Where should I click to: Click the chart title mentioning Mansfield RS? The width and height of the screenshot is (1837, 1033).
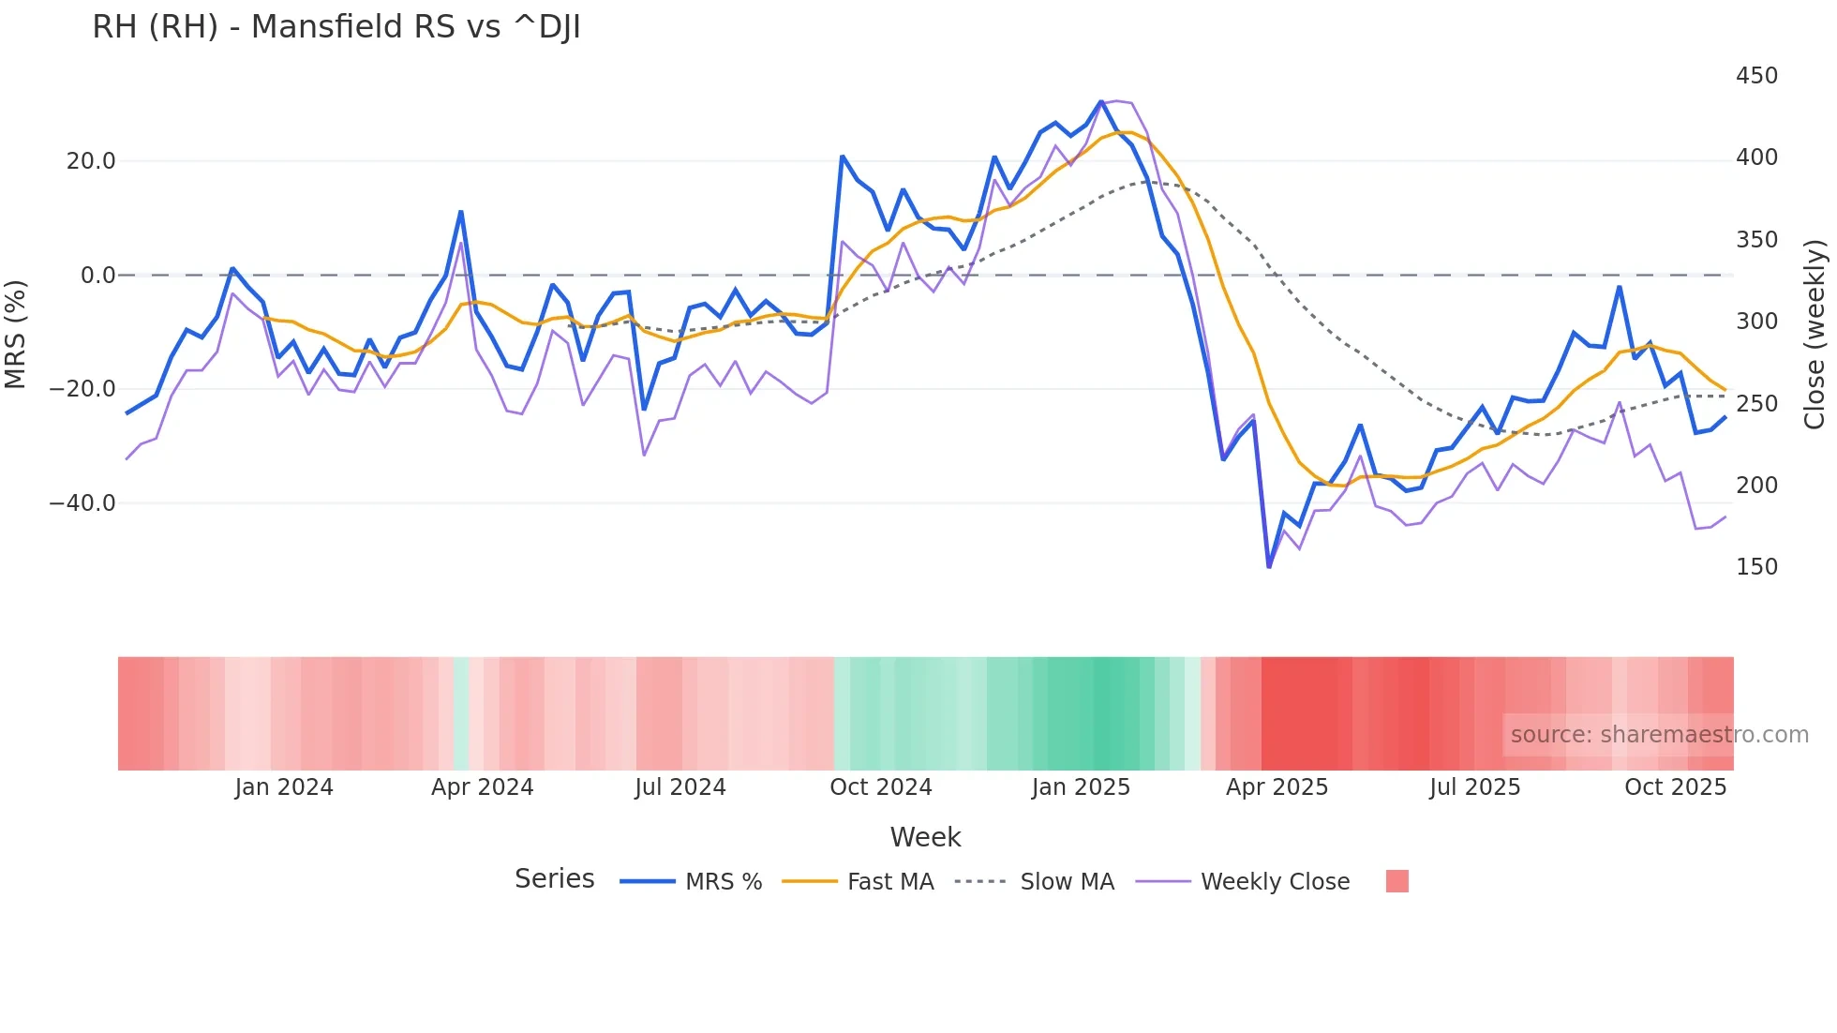coord(336,27)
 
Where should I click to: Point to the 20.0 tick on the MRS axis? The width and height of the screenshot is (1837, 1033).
coord(91,161)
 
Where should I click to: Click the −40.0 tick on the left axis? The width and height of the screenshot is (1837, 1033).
coord(83,503)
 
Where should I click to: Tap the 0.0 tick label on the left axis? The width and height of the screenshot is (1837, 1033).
coord(97,276)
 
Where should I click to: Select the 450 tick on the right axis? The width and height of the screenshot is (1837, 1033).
coord(1756,76)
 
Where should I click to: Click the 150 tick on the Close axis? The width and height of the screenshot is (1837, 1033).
coord(1756,567)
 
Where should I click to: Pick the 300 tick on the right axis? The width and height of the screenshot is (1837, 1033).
coord(1756,322)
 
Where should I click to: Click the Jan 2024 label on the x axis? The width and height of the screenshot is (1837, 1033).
coord(284,787)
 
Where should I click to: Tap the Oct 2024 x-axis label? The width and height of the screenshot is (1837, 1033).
coord(881,787)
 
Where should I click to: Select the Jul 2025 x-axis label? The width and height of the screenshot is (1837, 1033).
coord(1474,787)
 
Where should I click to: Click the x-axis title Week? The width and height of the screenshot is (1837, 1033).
coord(925,837)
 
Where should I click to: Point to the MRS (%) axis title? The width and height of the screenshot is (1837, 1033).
coord(16,335)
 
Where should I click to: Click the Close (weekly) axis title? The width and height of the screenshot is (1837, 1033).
coord(1815,335)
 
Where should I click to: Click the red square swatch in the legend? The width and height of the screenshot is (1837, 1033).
coord(1396,881)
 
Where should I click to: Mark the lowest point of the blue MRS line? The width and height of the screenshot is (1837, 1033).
coord(1269,566)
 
